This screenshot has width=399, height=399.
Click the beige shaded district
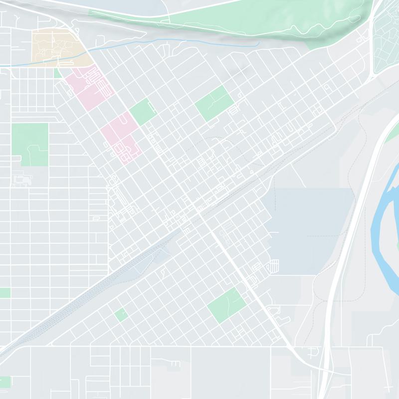pyautogui.click(x=55, y=47)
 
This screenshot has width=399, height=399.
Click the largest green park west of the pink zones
pyautogui.click(x=30, y=142)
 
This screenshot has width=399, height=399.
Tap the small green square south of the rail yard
pyautogui.click(x=121, y=315)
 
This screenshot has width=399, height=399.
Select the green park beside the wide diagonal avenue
pyautogui.click(x=227, y=304)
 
